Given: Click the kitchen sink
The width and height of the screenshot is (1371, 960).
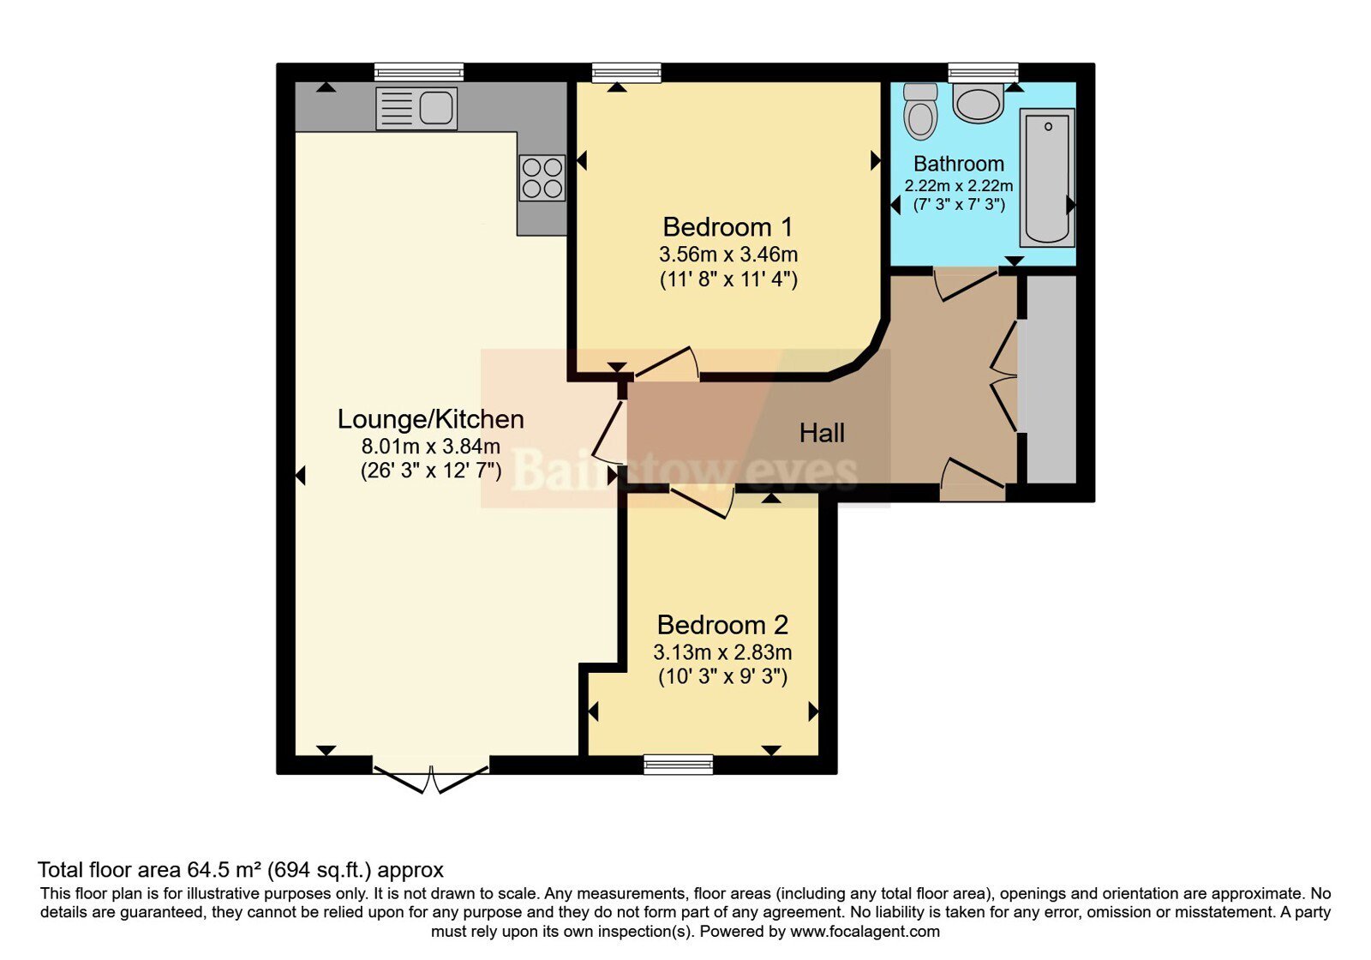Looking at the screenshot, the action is click(x=416, y=108).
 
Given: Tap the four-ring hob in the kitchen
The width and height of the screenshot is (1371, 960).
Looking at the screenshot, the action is click(x=542, y=177).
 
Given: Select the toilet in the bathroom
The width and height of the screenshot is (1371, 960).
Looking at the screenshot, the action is click(x=920, y=111).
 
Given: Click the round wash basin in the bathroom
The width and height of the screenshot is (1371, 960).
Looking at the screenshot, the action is click(x=978, y=104).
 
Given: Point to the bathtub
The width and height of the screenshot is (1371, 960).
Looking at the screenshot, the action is click(x=1047, y=177).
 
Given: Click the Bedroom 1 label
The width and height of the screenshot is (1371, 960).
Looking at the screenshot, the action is click(x=727, y=227).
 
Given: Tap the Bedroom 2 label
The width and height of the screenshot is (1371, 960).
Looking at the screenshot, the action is click(x=722, y=625).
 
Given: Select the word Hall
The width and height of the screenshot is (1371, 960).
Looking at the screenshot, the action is click(x=822, y=434).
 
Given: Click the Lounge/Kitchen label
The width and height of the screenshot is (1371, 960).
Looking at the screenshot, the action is click(x=431, y=419).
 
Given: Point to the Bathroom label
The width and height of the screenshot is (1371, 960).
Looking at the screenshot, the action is click(x=959, y=164).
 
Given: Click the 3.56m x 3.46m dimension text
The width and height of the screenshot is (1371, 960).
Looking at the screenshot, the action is click(x=728, y=254).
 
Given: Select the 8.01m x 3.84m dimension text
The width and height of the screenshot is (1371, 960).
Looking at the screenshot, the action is click(x=431, y=446).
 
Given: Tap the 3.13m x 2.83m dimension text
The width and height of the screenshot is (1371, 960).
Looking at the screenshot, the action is click(x=722, y=652).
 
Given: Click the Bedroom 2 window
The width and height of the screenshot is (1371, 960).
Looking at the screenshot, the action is click(x=679, y=764).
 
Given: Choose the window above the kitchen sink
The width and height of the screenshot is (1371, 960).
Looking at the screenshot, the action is click(x=419, y=72).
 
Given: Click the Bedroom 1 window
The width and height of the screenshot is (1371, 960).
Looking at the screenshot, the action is click(x=626, y=72).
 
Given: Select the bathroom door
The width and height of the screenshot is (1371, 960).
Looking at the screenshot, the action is click(x=967, y=284).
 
